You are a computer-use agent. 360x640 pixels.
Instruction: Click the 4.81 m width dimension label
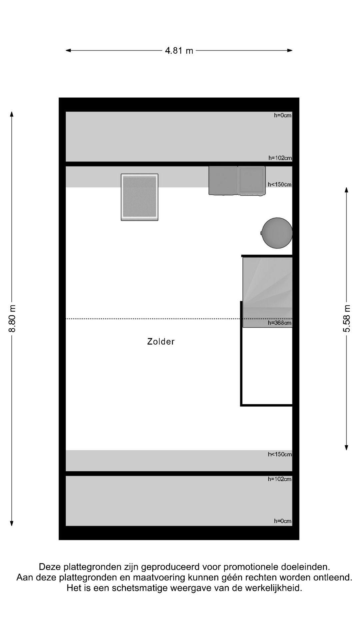[x=179, y=51]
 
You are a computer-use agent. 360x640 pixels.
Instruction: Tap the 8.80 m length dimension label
[x=12, y=318]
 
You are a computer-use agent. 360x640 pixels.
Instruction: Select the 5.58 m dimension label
[x=347, y=318]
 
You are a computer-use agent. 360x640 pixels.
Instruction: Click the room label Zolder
[x=161, y=341]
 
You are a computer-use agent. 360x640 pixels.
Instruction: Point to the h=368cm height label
[x=280, y=323]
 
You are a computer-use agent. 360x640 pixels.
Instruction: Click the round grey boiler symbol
[x=277, y=233]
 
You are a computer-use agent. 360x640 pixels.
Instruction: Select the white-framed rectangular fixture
[x=140, y=197]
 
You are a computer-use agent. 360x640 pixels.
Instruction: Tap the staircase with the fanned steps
[x=267, y=292]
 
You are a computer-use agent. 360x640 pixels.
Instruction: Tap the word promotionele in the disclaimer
[x=250, y=567]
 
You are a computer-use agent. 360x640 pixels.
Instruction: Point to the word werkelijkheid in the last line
[x=274, y=588]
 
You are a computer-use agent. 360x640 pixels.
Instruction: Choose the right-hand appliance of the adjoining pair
[x=252, y=180]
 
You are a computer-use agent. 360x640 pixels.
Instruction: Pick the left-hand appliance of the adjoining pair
[x=223, y=180]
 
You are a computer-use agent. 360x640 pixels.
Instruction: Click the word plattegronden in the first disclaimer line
[x=93, y=567]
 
